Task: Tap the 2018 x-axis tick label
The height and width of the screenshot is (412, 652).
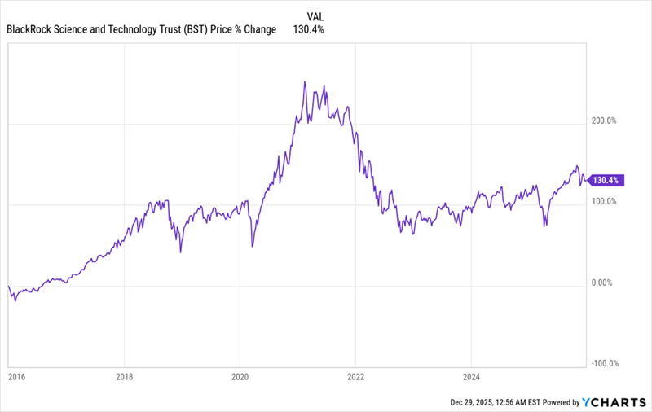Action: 124,377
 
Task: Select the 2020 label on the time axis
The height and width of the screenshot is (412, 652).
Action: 240,377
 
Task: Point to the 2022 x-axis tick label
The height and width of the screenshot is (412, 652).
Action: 355,377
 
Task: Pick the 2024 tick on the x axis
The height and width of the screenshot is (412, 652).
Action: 471,377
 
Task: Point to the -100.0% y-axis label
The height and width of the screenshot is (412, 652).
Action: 604,364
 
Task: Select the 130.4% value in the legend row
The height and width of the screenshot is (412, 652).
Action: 308,29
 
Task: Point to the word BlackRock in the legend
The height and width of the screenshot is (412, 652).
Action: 33,29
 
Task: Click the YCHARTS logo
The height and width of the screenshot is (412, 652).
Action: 614,401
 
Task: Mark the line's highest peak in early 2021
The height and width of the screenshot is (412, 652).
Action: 305,81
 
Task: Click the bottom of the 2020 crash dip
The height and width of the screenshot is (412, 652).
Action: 252,246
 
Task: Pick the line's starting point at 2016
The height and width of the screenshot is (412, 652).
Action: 8,286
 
